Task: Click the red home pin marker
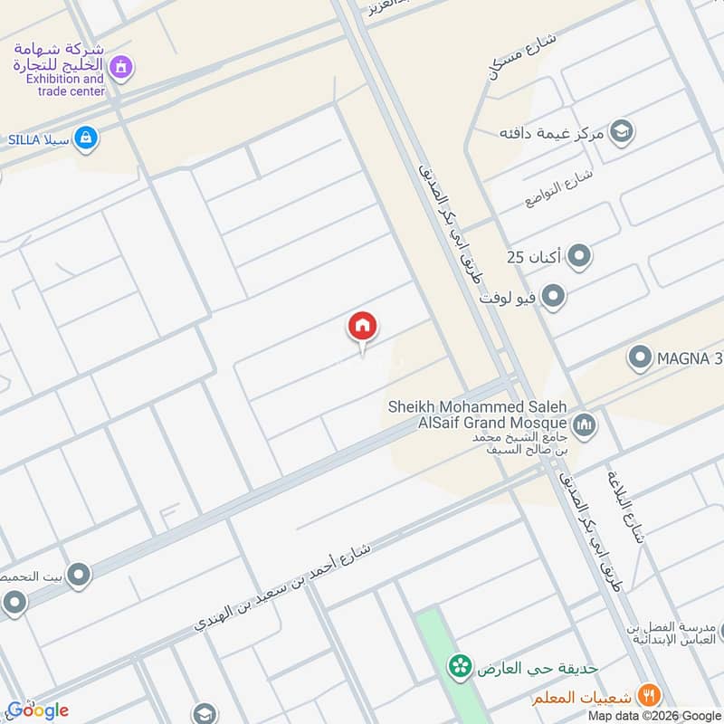pyautogui.click(x=362, y=327)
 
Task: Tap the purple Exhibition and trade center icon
pyautogui.click(x=120, y=67)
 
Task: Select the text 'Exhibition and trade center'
pyautogui.click(x=65, y=85)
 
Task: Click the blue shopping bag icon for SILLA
pyautogui.click(x=86, y=138)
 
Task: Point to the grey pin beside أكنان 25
pyautogui.click(x=579, y=257)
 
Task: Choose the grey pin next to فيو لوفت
pyautogui.click(x=553, y=296)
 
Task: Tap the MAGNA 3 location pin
pyautogui.click(x=641, y=358)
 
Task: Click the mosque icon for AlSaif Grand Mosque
pyautogui.click(x=585, y=424)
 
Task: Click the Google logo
pyautogui.click(x=38, y=710)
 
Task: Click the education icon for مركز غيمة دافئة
pyautogui.click(x=621, y=132)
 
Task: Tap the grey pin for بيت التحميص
pyautogui.click(x=78, y=574)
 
